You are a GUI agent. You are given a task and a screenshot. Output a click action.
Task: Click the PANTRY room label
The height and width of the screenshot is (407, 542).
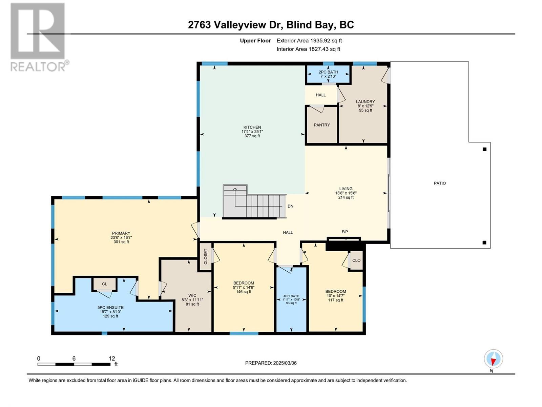click(x=322, y=125)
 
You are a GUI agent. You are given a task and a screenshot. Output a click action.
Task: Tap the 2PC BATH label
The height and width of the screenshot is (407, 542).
click(x=328, y=72)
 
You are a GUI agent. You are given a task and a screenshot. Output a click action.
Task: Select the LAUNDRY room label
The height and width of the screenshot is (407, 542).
click(x=366, y=101)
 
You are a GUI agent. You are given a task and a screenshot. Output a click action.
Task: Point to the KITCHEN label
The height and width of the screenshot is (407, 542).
click(x=252, y=127)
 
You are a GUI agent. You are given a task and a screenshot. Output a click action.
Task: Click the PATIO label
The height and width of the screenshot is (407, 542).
click(x=440, y=183)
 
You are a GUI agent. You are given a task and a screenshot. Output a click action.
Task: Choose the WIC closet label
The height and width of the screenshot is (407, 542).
click(x=192, y=295)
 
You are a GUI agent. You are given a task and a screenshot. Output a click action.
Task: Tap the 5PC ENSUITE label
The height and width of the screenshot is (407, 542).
click(x=110, y=307)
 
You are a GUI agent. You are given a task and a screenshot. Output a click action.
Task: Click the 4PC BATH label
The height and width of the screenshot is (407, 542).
click(x=291, y=296)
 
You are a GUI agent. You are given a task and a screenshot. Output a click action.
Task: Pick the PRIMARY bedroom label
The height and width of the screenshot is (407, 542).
click(x=121, y=233)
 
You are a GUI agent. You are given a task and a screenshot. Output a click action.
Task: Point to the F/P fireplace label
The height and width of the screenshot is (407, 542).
click(x=345, y=232)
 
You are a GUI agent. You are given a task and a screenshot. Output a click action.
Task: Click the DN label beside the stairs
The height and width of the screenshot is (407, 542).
click(x=290, y=206)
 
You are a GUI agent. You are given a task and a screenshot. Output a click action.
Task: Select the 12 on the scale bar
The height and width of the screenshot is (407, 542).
click(x=112, y=358)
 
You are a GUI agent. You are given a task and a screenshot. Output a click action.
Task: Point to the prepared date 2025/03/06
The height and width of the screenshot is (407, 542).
click(x=285, y=363)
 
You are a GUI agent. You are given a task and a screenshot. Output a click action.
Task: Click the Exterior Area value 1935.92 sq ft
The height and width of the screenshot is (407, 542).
click(x=326, y=40)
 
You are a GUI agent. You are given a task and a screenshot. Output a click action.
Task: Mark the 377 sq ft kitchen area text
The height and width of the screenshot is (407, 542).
click(x=252, y=136)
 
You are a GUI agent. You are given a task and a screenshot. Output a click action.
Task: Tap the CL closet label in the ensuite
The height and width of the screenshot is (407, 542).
click(x=104, y=284)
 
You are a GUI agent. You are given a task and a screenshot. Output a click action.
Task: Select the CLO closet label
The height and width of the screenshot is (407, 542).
click(x=356, y=260)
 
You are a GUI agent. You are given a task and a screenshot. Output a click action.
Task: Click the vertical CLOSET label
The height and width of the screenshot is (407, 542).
click(x=205, y=256)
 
